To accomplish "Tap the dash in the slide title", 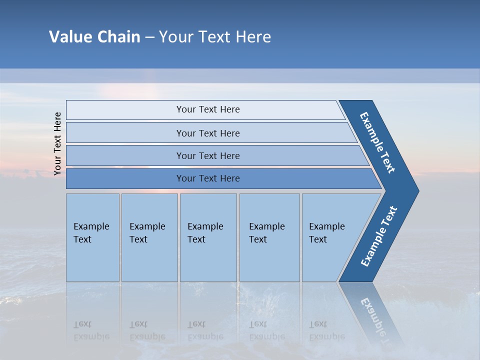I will click(149, 37).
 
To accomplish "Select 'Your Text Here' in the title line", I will click(215, 37).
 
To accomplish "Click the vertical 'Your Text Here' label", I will click(57, 143).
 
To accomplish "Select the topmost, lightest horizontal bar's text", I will click(208, 109).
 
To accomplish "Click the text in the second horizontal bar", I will click(208, 133).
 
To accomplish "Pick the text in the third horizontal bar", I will click(208, 156).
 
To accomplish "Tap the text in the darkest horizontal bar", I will click(208, 178).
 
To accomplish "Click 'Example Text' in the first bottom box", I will click(91, 233).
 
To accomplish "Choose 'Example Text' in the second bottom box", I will click(147, 233).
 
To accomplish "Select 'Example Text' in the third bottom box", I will click(205, 233).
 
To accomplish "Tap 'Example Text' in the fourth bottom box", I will click(266, 233).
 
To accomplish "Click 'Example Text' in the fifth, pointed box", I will click(326, 233).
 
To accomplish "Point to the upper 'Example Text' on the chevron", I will click(377, 142).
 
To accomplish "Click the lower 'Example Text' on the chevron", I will click(379, 236).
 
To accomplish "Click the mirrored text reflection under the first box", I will click(91, 330).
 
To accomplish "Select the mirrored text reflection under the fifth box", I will click(326, 330).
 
